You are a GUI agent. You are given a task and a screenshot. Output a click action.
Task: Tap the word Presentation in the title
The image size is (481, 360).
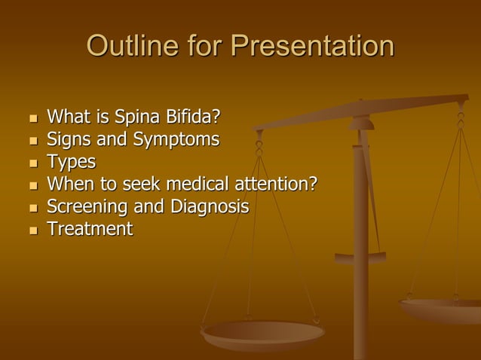tap(312, 47)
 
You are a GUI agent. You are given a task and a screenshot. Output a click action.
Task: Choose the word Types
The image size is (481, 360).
tap(72, 163)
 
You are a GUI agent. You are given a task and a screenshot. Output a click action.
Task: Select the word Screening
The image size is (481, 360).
tap(84, 206)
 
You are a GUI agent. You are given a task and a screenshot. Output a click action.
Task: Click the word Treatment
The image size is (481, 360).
tap(90, 227)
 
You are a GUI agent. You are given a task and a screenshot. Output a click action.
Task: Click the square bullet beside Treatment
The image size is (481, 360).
tap(32, 229)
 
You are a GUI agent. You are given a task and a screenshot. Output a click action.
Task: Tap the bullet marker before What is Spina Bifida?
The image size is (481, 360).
tap(32, 119)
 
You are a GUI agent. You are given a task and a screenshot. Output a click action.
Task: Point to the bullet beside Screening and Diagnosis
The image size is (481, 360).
tap(32, 207)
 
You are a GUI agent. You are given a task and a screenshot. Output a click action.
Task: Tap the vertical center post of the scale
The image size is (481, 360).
tap(361, 286)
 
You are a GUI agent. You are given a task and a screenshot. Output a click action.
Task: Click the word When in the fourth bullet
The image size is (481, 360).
tap(67, 184)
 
